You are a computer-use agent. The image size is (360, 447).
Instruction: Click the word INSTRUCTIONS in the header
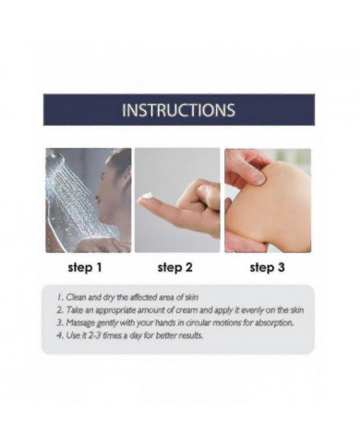178,110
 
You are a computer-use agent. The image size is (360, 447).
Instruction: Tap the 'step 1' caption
85,268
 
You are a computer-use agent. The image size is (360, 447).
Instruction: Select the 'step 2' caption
174,268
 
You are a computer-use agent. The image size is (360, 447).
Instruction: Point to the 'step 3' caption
267,268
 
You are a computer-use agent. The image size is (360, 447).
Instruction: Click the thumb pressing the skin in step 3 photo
249,173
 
